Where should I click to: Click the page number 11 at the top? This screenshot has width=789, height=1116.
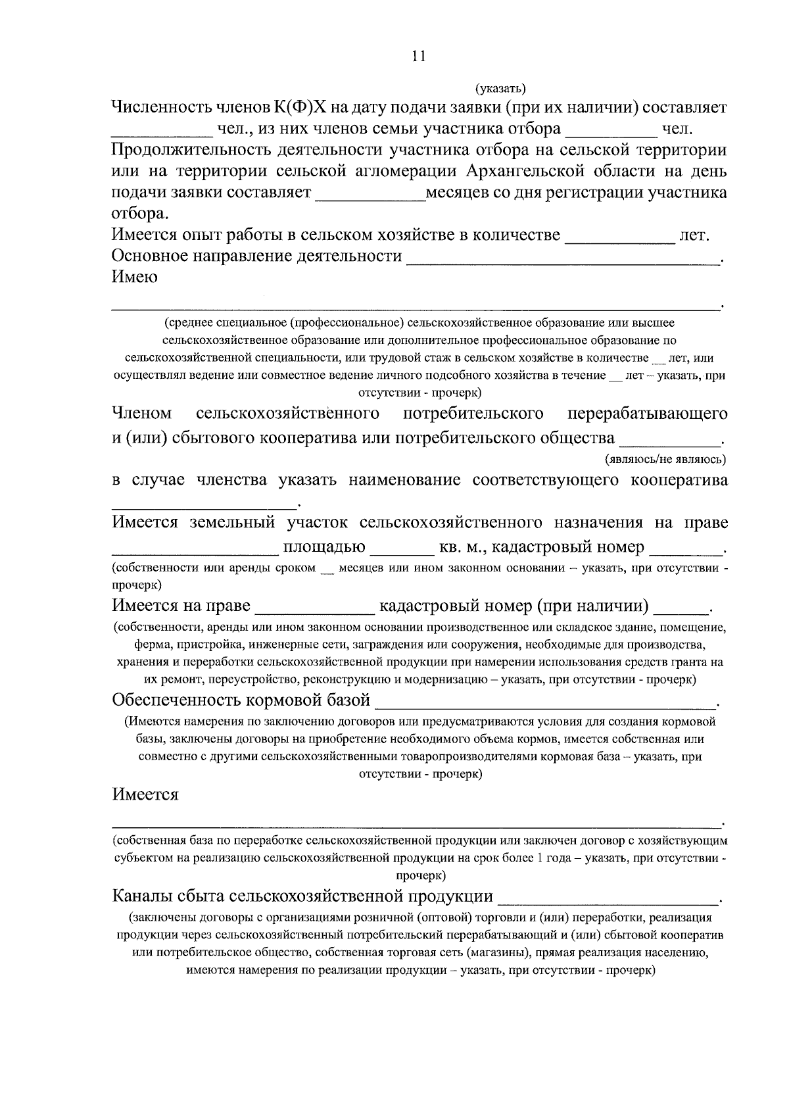pyautogui.click(x=419, y=57)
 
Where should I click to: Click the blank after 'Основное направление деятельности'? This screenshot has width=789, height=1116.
pyautogui.click(x=563, y=258)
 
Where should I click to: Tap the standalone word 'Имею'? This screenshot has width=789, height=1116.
pyautogui.click(x=135, y=277)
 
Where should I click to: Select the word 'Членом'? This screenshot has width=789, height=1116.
pyautogui.click(x=142, y=414)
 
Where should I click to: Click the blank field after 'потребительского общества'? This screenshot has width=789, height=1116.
pyautogui.click(x=670, y=438)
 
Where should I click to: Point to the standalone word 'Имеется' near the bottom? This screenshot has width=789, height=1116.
pyautogui.click(x=145, y=794)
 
